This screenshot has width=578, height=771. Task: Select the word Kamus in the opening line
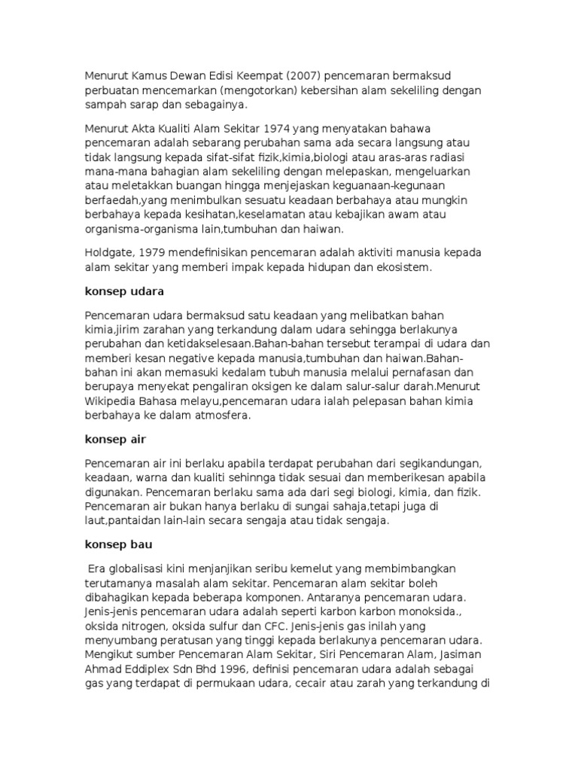coord(150,75)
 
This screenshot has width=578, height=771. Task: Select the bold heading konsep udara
coord(124,290)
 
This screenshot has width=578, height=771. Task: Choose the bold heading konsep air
coord(115,438)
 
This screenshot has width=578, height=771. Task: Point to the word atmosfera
coord(227,415)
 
